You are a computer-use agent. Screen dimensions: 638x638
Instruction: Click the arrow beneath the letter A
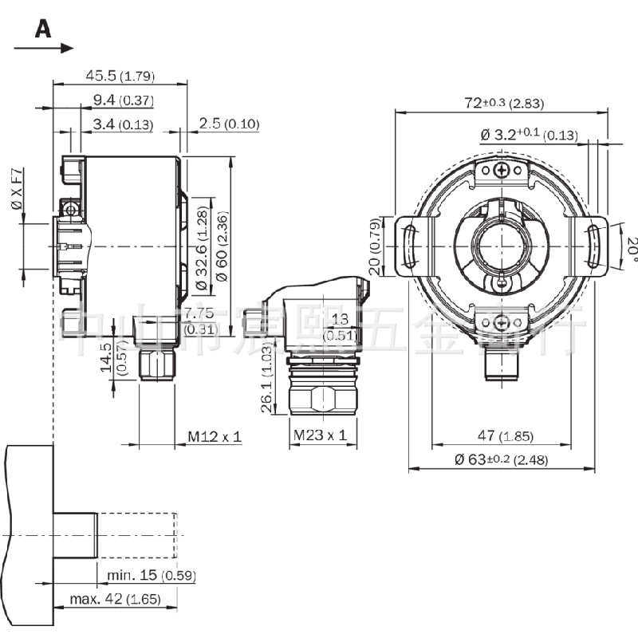pos(44,49)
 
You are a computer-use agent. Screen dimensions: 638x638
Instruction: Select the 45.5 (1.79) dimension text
pos(120,77)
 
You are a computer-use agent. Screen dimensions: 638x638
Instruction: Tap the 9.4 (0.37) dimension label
pos(123,100)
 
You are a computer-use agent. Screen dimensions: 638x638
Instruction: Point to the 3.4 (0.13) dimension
pos(123,124)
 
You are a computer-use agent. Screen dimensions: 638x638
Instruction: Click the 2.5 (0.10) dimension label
pos(230,124)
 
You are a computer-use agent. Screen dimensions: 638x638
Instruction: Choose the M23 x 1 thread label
pos(320,435)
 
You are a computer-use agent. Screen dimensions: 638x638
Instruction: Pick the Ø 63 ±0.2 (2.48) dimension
pos(501,460)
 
